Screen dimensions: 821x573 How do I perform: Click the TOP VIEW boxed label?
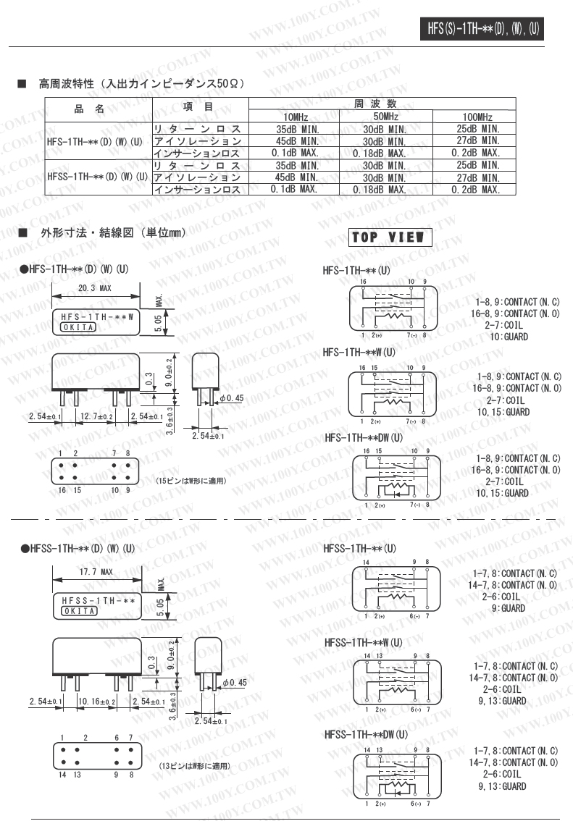tap(390, 237)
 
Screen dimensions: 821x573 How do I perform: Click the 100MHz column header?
tap(474, 117)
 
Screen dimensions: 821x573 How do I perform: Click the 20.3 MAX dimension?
tap(94, 288)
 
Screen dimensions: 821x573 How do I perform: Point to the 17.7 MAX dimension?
tap(95, 572)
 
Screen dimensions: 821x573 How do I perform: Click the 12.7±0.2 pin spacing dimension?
tap(97, 416)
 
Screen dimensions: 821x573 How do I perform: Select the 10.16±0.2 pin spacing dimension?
tap(96, 702)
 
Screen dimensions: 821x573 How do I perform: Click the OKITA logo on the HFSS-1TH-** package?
tap(79, 611)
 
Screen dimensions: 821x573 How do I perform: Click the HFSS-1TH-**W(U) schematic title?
tap(363, 642)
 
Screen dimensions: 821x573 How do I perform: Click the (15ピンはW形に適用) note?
tap(191, 481)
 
